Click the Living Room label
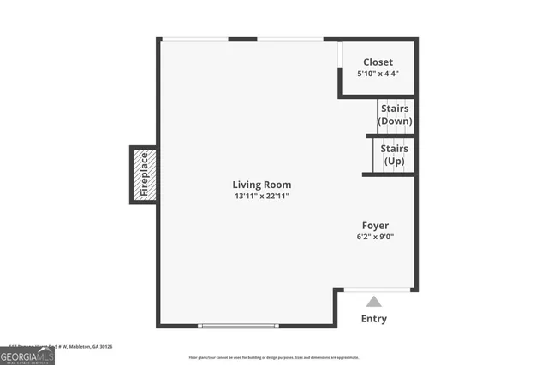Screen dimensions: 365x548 click(x=261, y=185)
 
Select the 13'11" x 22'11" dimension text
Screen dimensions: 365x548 click(x=261, y=197)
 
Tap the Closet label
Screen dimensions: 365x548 click(x=378, y=62)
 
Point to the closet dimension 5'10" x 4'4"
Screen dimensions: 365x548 click(x=378, y=74)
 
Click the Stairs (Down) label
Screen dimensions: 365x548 click(x=395, y=115)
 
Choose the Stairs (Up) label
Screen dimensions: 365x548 click(x=394, y=155)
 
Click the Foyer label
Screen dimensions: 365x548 click(x=375, y=225)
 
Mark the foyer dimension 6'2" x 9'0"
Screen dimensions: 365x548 click(x=375, y=237)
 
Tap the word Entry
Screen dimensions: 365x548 click(x=373, y=319)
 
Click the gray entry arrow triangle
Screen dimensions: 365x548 click(x=373, y=301)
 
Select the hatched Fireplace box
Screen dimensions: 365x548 click(x=143, y=174)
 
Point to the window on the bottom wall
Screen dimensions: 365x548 click(x=238, y=325)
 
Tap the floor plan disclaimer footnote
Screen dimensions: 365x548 click(x=273, y=357)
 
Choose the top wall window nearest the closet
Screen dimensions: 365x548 click(x=290, y=38)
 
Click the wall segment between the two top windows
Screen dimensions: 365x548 click(x=243, y=38)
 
